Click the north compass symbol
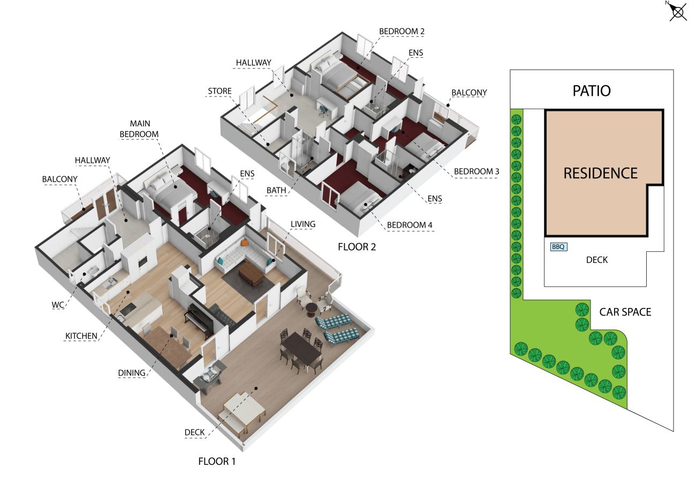(678, 12)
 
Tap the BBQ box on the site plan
(558, 247)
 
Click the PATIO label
(592, 91)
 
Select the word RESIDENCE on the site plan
(600, 173)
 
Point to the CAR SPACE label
(625, 312)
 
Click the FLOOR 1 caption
(217, 461)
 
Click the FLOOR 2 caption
(357, 247)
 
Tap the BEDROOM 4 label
(410, 225)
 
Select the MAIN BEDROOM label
(139, 129)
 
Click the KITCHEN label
(81, 336)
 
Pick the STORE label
(220, 91)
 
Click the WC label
(58, 305)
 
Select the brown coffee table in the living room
(251, 273)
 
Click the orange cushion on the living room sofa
(244, 242)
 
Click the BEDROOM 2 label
(402, 32)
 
